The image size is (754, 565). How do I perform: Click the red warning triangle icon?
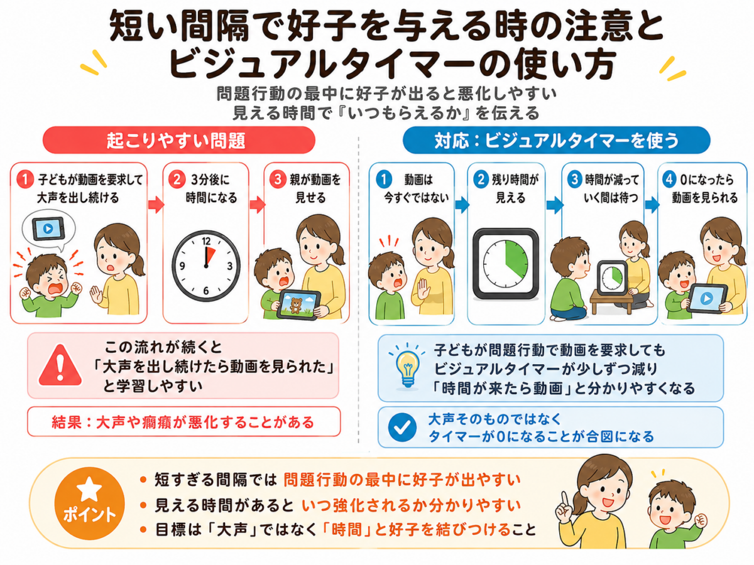[x=60, y=366]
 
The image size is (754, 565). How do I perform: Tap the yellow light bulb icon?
[x=407, y=369]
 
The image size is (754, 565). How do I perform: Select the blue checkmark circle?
[x=402, y=428]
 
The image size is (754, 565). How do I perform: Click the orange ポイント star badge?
[x=89, y=503]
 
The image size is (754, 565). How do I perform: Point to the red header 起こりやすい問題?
[x=178, y=140]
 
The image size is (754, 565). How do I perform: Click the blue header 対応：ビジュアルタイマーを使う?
[x=557, y=140]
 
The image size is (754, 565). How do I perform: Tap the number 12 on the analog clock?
[x=206, y=241]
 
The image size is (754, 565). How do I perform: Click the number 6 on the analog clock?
[x=205, y=291]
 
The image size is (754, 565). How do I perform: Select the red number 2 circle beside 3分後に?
[x=177, y=180]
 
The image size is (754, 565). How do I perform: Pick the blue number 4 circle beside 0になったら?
[x=669, y=180]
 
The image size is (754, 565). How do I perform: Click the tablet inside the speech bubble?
[x=48, y=229]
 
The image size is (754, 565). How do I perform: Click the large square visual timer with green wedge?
[x=506, y=264]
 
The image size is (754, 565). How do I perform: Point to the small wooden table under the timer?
[x=611, y=301]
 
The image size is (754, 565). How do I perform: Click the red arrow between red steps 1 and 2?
[x=156, y=205]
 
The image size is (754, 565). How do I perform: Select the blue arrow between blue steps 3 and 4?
[x=652, y=205]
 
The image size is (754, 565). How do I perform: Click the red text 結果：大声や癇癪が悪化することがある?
[x=183, y=422]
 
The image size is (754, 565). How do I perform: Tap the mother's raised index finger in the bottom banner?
[x=564, y=499]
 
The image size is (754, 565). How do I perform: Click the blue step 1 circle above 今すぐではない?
[x=384, y=180]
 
